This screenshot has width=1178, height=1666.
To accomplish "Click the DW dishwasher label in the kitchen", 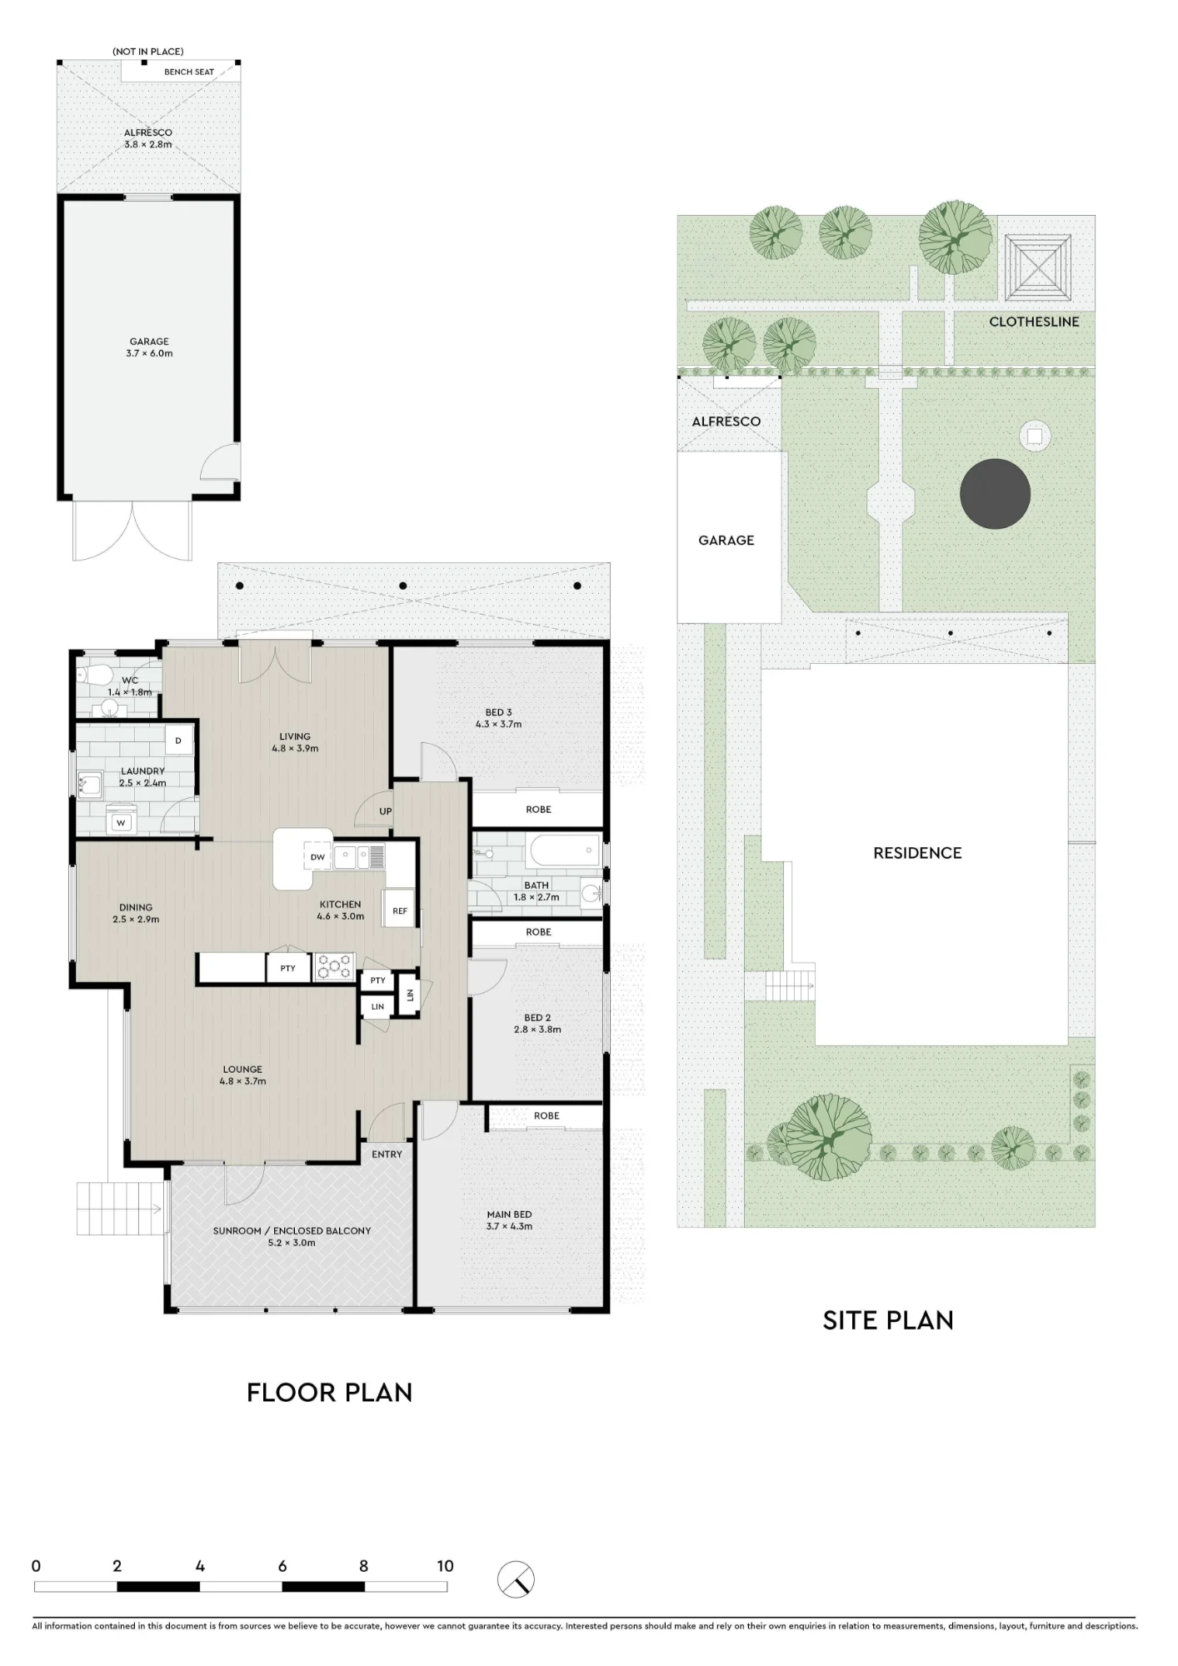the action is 317,857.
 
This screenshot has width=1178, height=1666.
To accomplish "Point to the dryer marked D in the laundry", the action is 178,741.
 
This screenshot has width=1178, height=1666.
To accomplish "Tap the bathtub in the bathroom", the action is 565,851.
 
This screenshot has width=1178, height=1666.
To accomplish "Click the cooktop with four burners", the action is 334,966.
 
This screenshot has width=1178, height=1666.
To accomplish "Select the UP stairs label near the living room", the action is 385,811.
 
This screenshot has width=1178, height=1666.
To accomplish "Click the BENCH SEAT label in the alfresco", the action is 189,72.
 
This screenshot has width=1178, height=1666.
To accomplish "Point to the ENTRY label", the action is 387,1154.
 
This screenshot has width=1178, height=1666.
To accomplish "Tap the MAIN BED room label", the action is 509,1215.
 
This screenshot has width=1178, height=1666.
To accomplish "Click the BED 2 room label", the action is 537,1017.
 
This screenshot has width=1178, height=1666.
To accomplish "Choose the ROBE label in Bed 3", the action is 538,809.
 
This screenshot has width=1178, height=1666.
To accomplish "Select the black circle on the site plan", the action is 995,493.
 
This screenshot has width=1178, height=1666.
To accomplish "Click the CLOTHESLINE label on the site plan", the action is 1034,322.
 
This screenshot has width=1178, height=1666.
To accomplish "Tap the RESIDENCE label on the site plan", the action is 917,853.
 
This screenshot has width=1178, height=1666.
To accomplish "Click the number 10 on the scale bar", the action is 445,1565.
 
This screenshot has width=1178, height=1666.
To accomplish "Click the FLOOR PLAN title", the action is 330,1392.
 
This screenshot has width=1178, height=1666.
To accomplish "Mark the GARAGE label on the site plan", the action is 726,541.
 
